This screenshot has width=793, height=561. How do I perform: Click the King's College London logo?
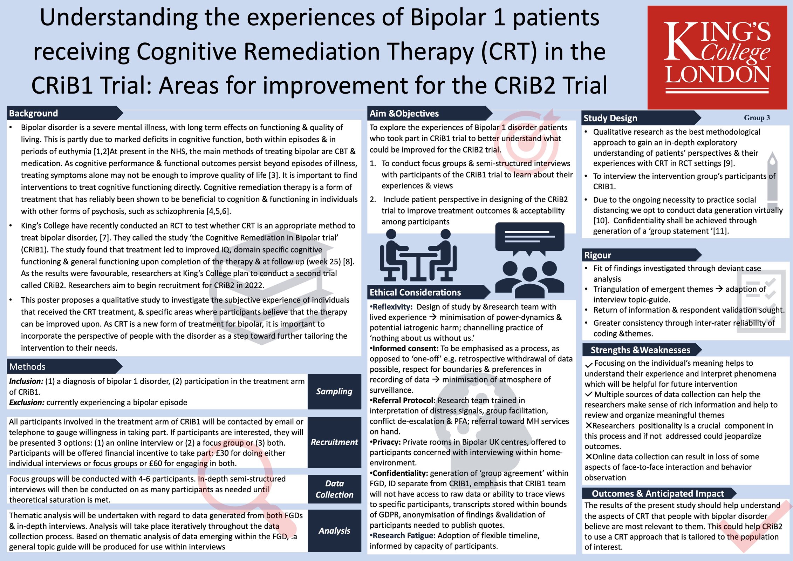click(x=717, y=57)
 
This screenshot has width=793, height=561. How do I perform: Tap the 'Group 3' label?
click(x=757, y=118)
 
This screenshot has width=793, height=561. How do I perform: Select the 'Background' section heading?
click(x=34, y=113)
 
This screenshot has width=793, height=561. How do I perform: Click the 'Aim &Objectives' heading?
click(x=404, y=113)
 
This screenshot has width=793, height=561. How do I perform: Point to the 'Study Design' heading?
click(x=610, y=118)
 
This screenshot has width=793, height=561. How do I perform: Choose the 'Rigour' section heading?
click(x=597, y=255)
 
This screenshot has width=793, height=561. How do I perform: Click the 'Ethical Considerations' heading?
click(x=415, y=292)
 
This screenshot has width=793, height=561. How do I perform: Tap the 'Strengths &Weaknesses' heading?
click(x=640, y=350)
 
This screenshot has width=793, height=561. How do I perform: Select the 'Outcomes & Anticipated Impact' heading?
click(x=658, y=493)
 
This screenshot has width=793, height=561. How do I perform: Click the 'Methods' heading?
click(x=27, y=366)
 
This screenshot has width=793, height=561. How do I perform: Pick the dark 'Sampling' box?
click(x=334, y=391)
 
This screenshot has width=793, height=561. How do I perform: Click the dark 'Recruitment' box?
click(x=334, y=442)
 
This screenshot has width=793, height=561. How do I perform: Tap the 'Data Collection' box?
click(x=334, y=489)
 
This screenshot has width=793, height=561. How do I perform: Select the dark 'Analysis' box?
click(x=334, y=531)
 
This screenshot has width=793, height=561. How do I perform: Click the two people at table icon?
click(x=418, y=255)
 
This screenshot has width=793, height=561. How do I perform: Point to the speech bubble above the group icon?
click(x=529, y=239)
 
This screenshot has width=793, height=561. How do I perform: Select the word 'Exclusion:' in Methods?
click(x=27, y=402)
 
